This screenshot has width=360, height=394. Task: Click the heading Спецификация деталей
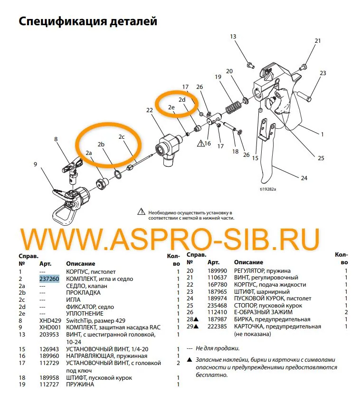click(x=88, y=21)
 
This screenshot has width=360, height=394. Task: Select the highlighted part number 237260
click(x=49, y=279)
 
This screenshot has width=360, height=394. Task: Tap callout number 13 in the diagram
click(x=233, y=37)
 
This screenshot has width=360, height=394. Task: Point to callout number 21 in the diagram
click(x=318, y=41)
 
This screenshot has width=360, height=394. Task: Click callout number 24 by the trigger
click(x=304, y=178)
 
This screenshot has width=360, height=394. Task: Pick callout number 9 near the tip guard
click(x=35, y=164)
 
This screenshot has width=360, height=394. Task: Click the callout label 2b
click(x=101, y=144)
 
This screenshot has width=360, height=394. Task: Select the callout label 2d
click(x=182, y=100)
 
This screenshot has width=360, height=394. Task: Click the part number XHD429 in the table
click(x=50, y=322)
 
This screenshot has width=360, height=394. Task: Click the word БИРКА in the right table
click(x=245, y=320)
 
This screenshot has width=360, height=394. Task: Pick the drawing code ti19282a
click(x=267, y=188)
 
